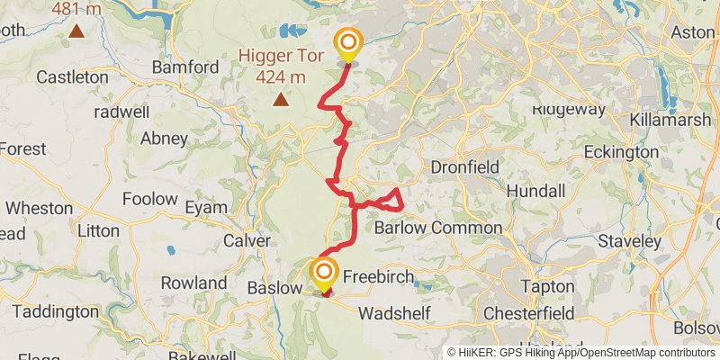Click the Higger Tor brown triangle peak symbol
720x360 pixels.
click(282, 99)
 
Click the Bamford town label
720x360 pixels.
click(185, 67)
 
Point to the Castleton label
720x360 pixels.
click(72, 77)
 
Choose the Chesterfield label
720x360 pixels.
click(529, 313)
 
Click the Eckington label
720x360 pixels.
click(621, 152)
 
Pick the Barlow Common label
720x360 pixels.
click(438, 228)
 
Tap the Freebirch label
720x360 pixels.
click(377, 278)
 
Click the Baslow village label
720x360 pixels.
click(274, 289)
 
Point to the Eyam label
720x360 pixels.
click(206, 208)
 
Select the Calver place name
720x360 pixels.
click(247, 241)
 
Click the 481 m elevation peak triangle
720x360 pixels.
click(76, 31)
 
